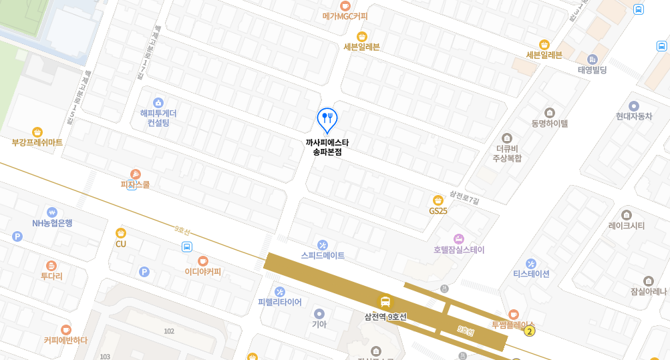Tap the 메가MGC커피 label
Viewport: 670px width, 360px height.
(345, 16)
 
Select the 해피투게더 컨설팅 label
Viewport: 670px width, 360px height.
(158, 118)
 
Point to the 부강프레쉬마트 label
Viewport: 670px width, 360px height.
(37, 142)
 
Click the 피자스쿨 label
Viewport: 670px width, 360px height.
(135, 184)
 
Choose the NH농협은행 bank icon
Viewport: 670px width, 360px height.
(52, 212)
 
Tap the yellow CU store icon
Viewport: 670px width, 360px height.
(121, 232)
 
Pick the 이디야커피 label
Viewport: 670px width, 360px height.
(203, 272)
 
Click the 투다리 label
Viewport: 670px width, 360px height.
(51, 276)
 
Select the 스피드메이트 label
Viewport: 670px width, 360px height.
(323, 255)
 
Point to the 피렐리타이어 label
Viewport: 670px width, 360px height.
(280, 302)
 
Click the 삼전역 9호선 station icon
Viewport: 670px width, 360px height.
(385, 302)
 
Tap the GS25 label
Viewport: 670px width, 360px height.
(438, 210)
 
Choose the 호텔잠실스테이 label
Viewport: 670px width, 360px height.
(459, 250)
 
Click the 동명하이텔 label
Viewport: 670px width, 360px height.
(549, 124)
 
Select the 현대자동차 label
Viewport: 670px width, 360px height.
(633, 116)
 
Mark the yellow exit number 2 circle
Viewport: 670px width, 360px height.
(530, 331)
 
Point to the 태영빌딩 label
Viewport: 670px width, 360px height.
(592, 69)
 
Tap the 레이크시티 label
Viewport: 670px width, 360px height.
(627, 226)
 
